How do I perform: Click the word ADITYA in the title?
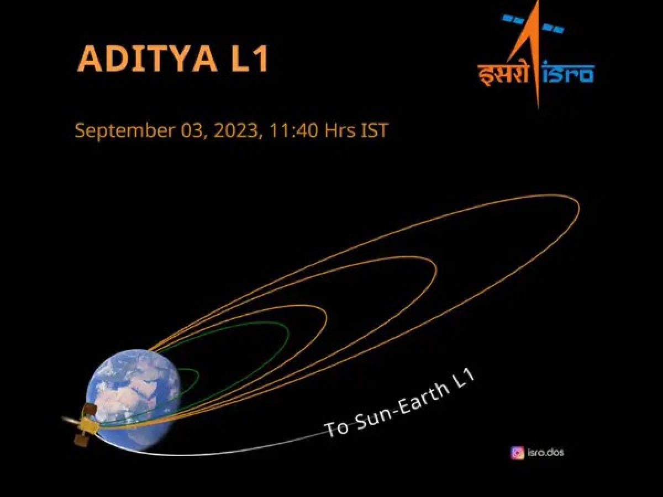pos(148,59)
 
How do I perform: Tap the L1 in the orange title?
pos(249,59)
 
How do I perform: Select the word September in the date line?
pos(124,131)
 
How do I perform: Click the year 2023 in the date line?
pos(236,130)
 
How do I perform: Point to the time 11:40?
pos(293,130)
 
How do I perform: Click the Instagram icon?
pos(517,453)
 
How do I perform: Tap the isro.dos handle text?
pos(545,453)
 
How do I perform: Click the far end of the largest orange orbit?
pos(579,208)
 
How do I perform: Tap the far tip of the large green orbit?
pos(289,334)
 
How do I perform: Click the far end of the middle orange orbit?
pos(436,268)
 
